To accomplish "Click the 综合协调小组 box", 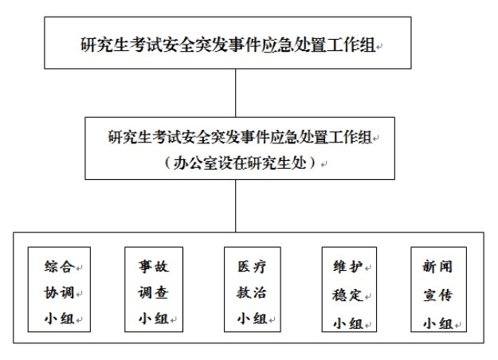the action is click(60, 290).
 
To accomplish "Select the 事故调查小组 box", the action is click(154, 290).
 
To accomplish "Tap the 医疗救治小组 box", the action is click(253, 290).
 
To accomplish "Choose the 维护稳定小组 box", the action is click(349, 290).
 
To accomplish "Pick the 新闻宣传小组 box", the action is click(438, 290).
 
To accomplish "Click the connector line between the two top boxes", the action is click(236, 93).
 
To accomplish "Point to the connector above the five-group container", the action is click(236, 205).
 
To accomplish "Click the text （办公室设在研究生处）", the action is click(240, 163).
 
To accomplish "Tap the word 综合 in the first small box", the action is click(60, 266).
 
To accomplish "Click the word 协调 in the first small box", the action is click(60, 292).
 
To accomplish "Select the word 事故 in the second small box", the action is click(154, 266).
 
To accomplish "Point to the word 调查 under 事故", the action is click(154, 292).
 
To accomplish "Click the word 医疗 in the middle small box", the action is click(252, 266).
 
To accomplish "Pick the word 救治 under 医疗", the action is click(252, 292).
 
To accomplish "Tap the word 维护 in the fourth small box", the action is click(347, 266).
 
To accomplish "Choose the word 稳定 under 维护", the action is click(347, 295).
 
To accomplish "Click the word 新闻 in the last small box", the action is click(437, 266).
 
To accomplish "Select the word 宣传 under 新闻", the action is click(437, 295).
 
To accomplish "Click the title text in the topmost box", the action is click(228, 45).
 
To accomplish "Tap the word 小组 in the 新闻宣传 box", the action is click(437, 323).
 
